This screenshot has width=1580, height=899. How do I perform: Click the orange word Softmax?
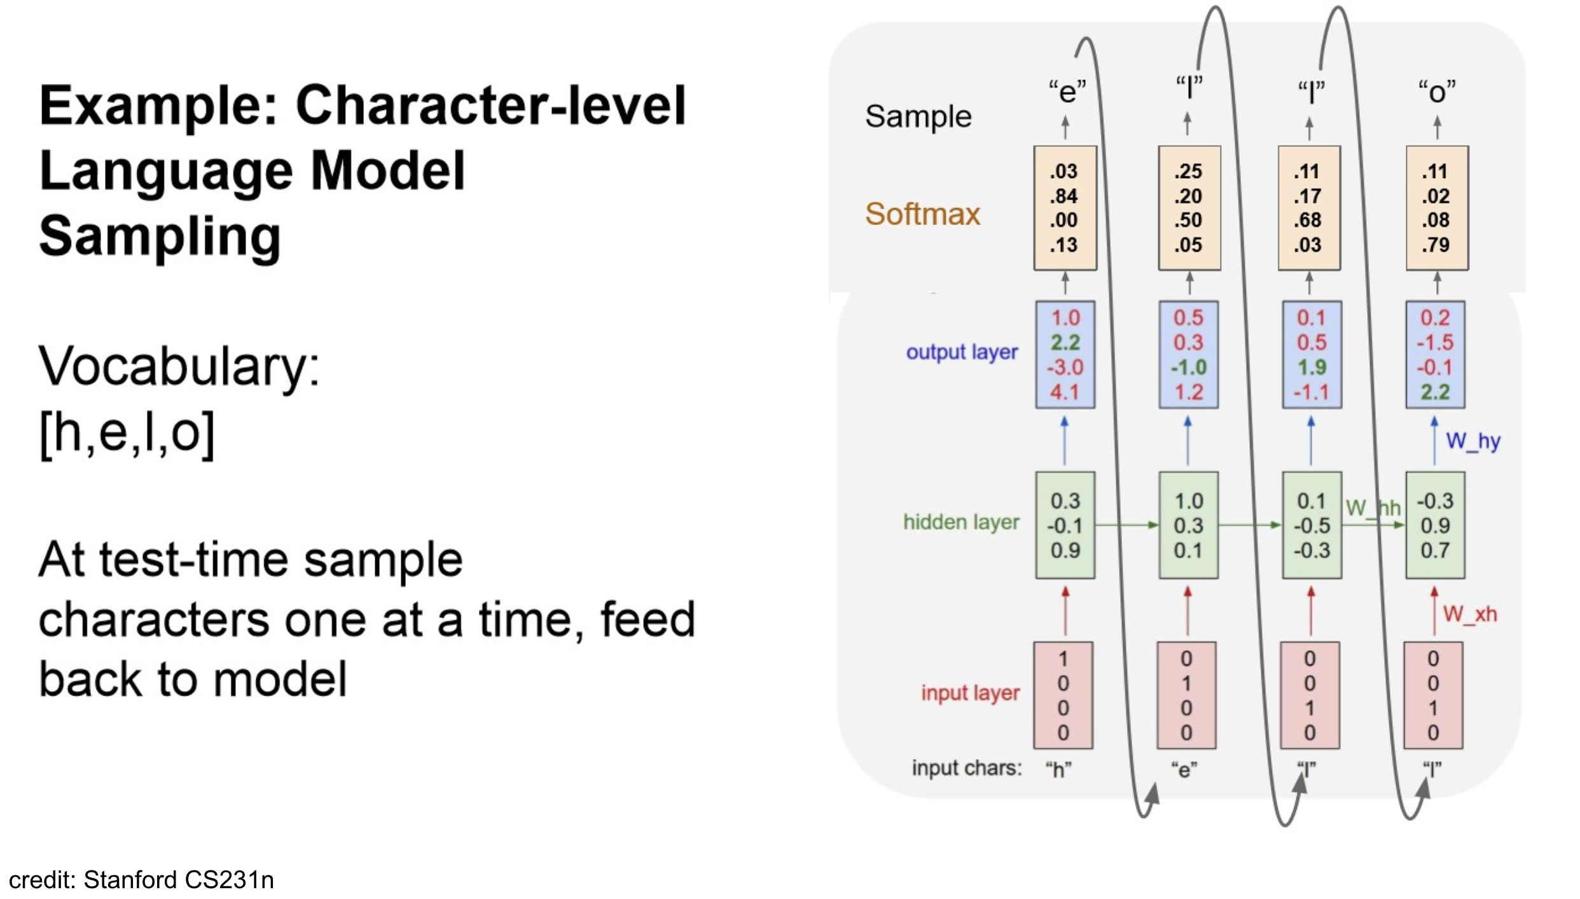[922, 214]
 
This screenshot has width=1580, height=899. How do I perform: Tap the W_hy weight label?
[1473, 441]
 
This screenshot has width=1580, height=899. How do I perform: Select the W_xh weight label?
[1469, 614]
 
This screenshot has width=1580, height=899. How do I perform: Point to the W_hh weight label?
[1373, 507]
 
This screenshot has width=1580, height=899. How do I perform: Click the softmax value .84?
[1064, 196]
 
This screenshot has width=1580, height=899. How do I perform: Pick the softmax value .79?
[1436, 245]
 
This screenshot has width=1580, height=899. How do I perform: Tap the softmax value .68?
[1307, 220]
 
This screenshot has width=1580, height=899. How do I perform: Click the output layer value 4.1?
[1064, 392]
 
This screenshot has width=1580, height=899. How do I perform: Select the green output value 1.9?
[1312, 367]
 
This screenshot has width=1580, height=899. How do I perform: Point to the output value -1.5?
[1434, 343]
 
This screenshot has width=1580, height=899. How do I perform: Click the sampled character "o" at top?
[1436, 92]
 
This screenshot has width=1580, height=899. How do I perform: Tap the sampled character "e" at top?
[1067, 92]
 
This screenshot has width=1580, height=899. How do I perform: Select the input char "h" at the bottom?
[1058, 769]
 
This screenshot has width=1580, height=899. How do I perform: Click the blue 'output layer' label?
[962, 352]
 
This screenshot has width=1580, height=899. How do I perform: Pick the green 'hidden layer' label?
[960, 522]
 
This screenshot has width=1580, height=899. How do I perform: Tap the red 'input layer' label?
[970, 692]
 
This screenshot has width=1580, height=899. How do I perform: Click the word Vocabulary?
[179, 367]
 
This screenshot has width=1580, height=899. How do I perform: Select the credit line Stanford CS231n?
[141, 880]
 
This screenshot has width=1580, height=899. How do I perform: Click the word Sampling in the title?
[160, 236]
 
